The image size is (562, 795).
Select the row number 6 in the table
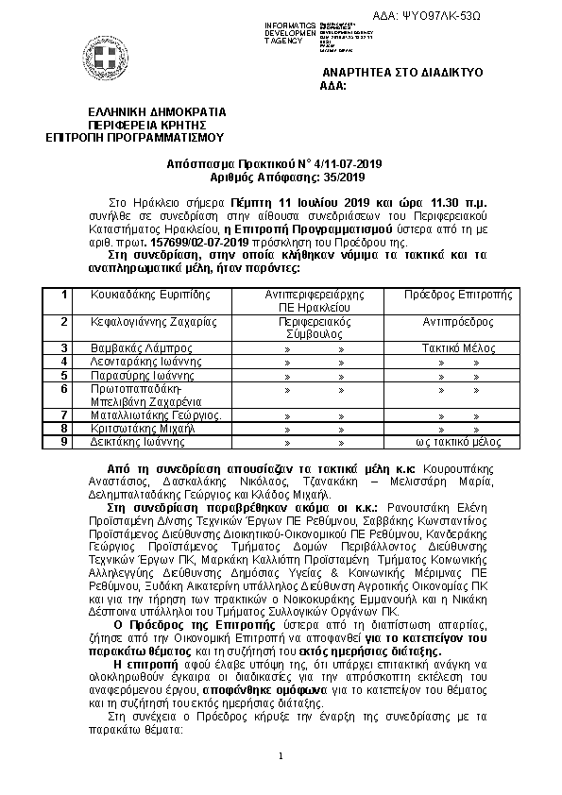[64, 388]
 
